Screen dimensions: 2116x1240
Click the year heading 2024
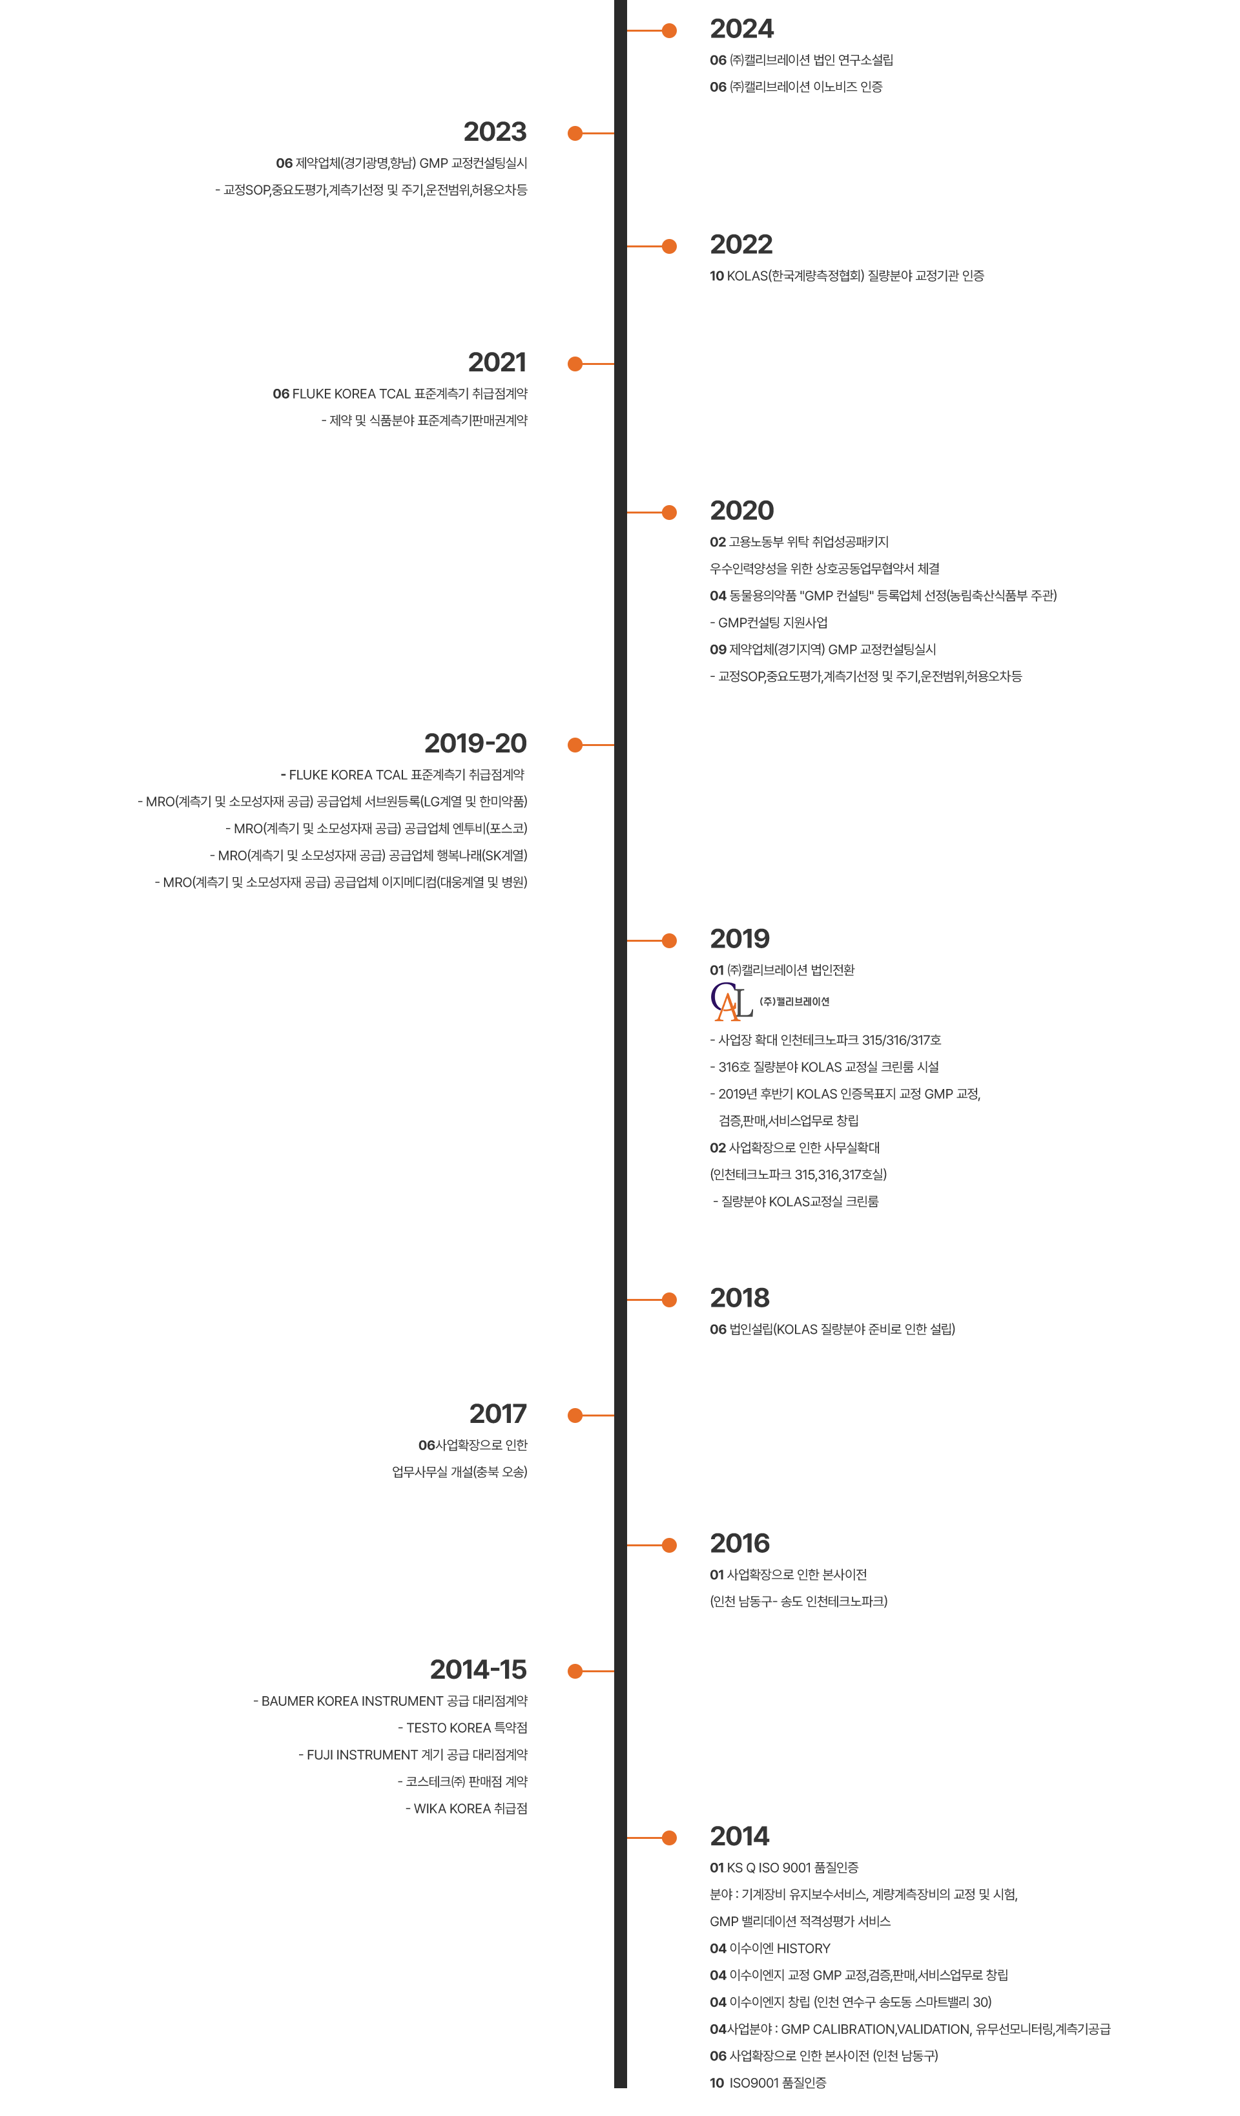tap(742, 30)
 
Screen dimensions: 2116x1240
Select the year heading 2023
tap(495, 132)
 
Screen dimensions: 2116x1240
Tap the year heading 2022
tap(741, 245)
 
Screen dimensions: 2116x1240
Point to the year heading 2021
tap(497, 363)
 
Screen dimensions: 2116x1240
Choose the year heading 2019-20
tap(475, 744)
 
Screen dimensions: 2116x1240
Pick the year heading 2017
tap(498, 1415)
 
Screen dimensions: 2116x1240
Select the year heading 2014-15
tap(479, 1670)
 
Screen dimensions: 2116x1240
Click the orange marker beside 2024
tap(652, 31)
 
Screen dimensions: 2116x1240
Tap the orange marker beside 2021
tap(590, 364)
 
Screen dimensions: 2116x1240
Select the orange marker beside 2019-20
tap(590, 745)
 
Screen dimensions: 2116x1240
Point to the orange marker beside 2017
tap(590, 1416)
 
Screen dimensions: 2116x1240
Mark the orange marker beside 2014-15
tap(590, 1671)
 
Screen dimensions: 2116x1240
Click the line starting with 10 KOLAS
tap(846, 275)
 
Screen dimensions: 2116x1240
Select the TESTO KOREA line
tap(462, 1728)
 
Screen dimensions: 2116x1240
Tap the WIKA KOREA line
tap(466, 1809)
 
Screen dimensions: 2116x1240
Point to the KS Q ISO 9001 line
tap(784, 1867)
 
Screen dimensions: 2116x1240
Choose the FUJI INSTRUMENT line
tap(413, 1755)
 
